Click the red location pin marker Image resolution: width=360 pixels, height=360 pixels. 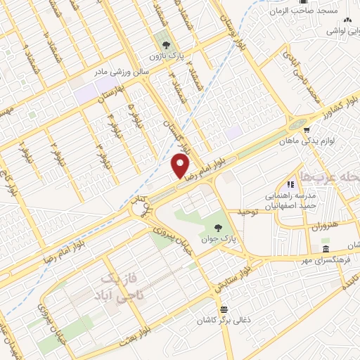(x=181, y=166)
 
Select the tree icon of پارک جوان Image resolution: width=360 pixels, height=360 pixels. (x=219, y=227)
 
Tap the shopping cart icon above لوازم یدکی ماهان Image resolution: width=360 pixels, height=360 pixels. (x=307, y=129)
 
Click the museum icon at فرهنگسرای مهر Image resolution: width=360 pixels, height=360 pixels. (x=325, y=250)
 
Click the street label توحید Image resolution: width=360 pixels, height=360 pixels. (x=249, y=212)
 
